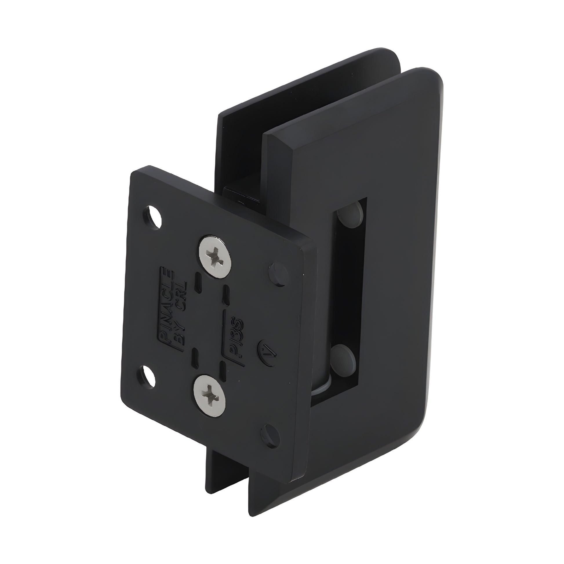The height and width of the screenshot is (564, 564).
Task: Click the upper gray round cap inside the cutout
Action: [350, 216]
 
